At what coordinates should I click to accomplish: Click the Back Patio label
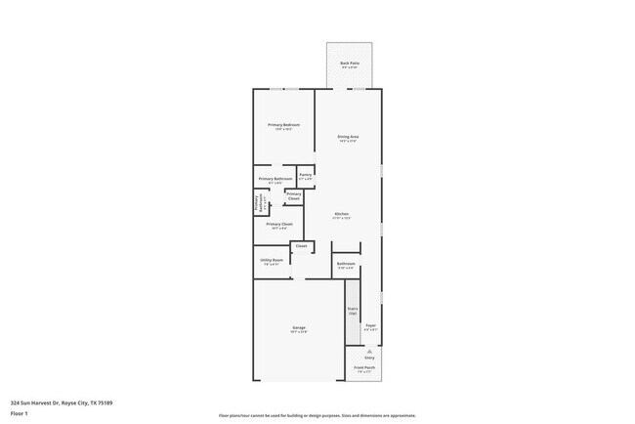[x=349, y=64]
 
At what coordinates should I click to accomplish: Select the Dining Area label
[x=348, y=137]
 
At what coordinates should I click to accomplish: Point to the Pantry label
[x=306, y=175]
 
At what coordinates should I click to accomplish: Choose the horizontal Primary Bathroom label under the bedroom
[x=276, y=179]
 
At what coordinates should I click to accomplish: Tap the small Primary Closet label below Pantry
[x=294, y=195]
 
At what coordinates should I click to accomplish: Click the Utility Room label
[x=272, y=260]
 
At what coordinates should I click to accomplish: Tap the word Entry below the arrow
[x=369, y=358]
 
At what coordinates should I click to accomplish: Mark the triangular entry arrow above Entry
[x=369, y=351]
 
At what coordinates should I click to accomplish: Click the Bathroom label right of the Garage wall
[x=346, y=263]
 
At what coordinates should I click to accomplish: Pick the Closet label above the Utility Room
[x=301, y=245]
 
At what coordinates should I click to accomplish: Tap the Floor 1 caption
[x=21, y=412]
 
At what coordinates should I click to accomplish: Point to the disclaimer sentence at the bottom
[x=317, y=415]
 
